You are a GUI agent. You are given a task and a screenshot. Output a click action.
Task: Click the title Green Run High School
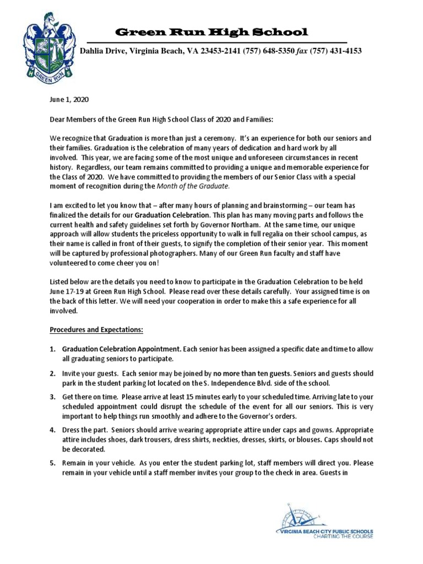(x=210, y=32)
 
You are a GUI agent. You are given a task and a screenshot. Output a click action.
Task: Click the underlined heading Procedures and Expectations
(x=96, y=330)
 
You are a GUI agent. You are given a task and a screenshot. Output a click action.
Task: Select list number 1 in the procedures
(x=53, y=349)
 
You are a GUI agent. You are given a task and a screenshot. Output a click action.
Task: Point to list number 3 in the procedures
(x=53, y=395)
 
